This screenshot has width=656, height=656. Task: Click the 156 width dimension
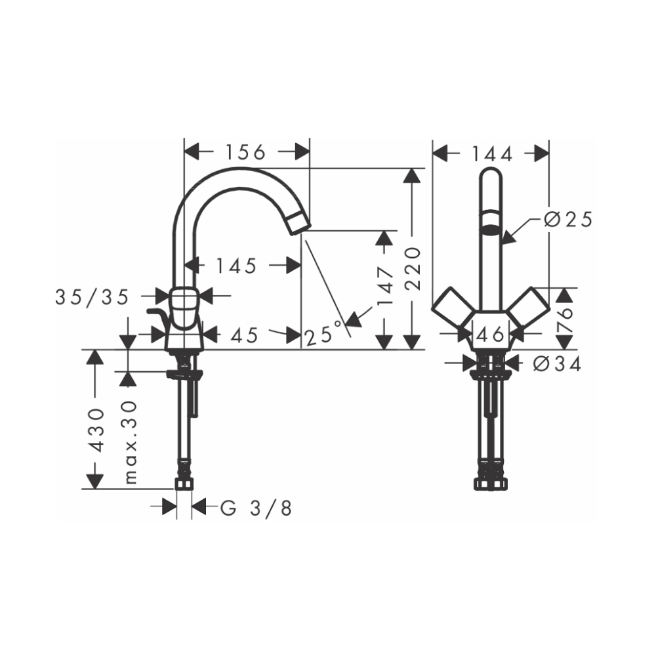pyautogui.click(x=245, y=153)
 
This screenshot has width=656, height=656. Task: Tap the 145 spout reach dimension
pyautogui.click(x=236, y=266)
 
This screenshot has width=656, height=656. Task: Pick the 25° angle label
pyautogui.click(x=323, y=337)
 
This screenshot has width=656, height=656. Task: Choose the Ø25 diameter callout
pyautogui.click(x=568, y=220)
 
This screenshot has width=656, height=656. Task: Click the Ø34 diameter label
pyautogui.click(x=557, y=364)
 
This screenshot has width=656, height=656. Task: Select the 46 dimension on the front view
pyautogui.click(x=490, y=335)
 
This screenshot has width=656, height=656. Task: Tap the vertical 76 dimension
pyautogui.click(x=565, y=319)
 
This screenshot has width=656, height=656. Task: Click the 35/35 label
pyautogui.click(x=91, y=297)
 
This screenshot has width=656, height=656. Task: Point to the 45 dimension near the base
pyautogui.click(x=244, y=335)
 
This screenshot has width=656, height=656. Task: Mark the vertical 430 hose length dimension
pyautogui.click(x=96, y=430)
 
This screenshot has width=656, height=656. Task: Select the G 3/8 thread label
pyautogui.click(x=256, y=508)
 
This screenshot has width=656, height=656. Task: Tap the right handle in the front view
pyautogui.click(x=528, y=306)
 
